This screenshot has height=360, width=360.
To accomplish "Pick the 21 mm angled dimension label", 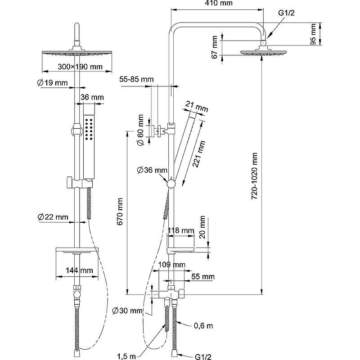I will coord(198,108).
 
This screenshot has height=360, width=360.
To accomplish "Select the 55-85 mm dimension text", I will coord(137,79).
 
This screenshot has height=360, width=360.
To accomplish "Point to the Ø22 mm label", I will coord(53,217).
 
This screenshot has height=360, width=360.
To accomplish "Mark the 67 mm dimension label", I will coord(216,47).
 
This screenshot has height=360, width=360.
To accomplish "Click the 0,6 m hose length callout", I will coord(203,325).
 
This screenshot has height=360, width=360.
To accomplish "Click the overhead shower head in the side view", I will coord(263,52).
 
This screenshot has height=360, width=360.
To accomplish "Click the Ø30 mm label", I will coord(128,310).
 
